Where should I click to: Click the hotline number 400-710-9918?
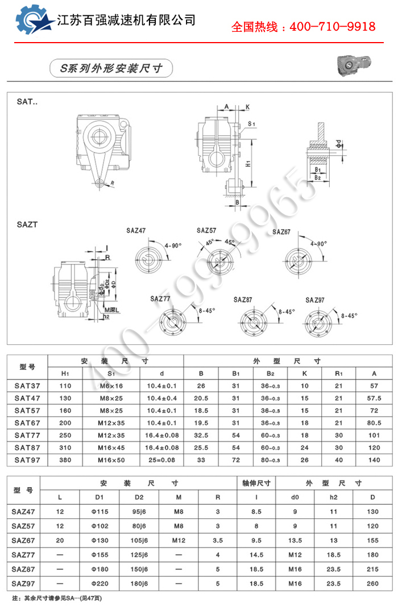(x=333, y=27)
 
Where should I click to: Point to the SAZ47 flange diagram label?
(x=136, y=231)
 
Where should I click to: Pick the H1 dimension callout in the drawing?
(x=248, y=164)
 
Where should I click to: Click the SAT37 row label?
(x=27, y=386)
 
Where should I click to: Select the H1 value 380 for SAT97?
(x=65, y=460)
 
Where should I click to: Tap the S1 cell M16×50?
(x=111, y=460)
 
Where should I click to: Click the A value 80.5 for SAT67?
(x=374, y=423)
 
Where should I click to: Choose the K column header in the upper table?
(x=305, y=373)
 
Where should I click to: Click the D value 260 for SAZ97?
(x=372, y=584)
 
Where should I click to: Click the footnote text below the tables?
(x=57, y=598)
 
